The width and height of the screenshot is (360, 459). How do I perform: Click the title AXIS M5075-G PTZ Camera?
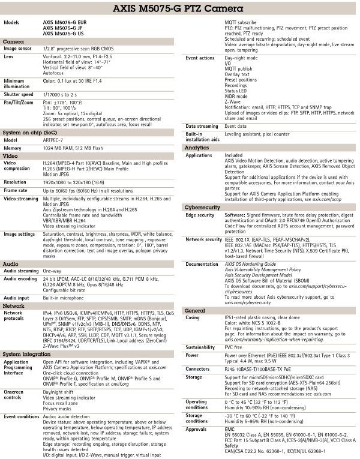click(x=180, y=9)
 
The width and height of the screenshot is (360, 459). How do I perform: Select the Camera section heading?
click(x=14, y=41)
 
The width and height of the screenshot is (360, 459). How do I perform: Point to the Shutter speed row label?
click(x=19, y=94)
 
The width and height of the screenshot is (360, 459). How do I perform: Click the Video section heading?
click(x=11, y=155)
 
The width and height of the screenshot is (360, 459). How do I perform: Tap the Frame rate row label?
click(x=17, y=189)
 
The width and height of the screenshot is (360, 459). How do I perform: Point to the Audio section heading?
click(x=11, y=263)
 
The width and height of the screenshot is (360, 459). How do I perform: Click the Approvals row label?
click(x=197, y=429)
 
